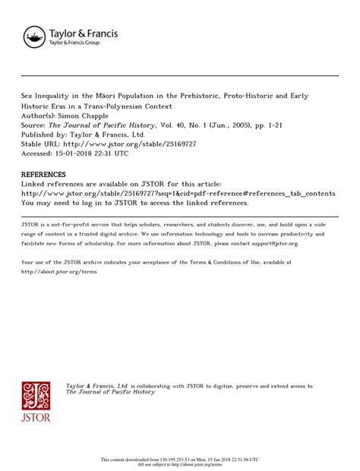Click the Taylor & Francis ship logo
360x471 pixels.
pyautogui.click(x=34, y=36)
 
